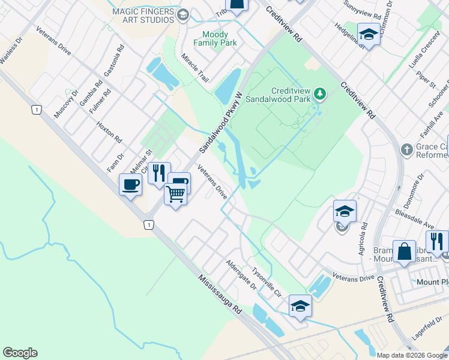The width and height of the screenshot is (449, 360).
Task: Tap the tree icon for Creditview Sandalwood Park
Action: click(320, 93)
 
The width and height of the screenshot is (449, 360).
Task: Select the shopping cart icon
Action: click(175, 193)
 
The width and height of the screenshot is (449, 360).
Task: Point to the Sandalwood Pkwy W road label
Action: click(221, 118)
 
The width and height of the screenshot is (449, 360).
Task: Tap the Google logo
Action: click(20, 353)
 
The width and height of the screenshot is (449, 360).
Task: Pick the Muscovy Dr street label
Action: click(66, 104)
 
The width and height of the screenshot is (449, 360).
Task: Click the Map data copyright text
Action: click(411, 355)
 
